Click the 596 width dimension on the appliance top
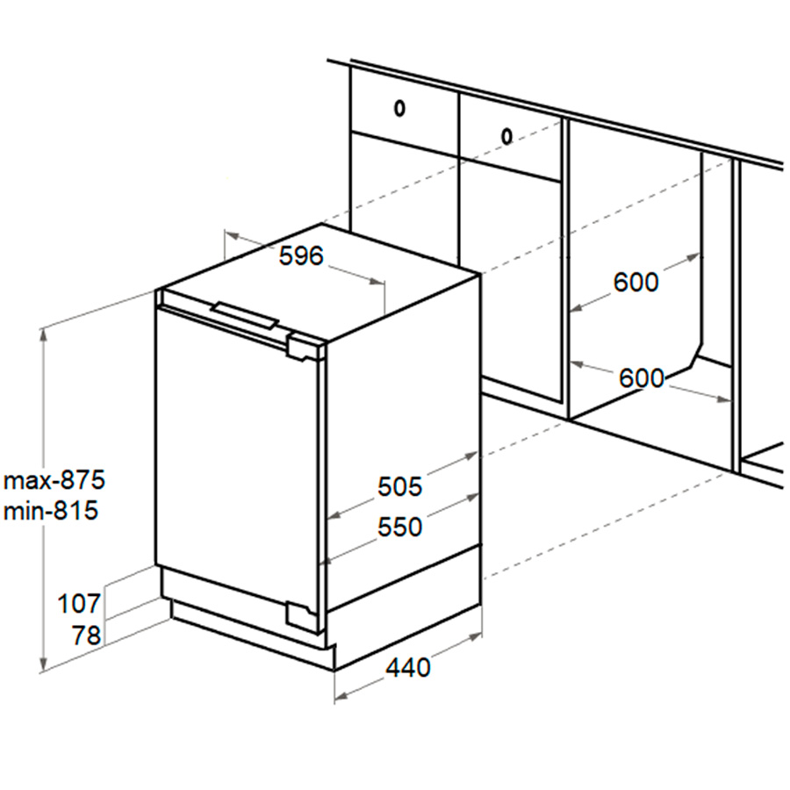pyautogui.click(x=301, y=256)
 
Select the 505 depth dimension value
pyautogui.click(x=399, y=486)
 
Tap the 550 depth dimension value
pyautogui.click(x=399, y=527)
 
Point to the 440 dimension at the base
pyautogui.click(x=408, y=668)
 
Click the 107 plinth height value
pyautogui.click(x=79, y=604)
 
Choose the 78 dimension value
pyautogui.click(x=86, y=636)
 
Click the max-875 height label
pyautogui.click(x=54, y=479)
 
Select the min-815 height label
pyautogui.click(x=50, y=511)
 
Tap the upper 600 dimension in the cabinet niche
pyautogui.click(x=636, y=282)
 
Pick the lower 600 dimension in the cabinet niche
pyautogui.click(x=642, y=378)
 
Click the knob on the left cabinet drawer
pyautogui.click(x=399, y=108)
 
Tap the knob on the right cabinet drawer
pyautogui.click(x=506, y=136)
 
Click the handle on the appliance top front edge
pyautogui.click(x=245, y=316)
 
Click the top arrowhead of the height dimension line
pyautogui.click(x=44, y=334)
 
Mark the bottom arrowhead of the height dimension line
pyautogui.click(x=44, y=665)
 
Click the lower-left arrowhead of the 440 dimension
pyautogui.click(x=341, y=696)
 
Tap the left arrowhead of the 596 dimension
pyautogui.click(x=232, y=235)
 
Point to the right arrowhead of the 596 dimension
pyautogui.click(x=377, y=282)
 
